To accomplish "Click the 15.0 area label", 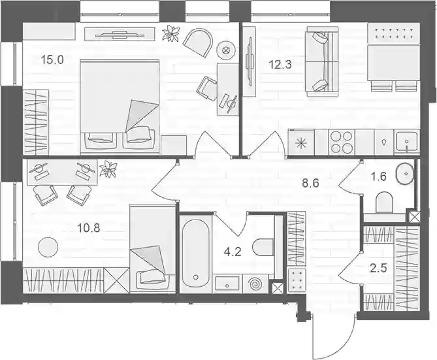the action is point(52,59).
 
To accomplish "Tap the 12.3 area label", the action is point(280,65).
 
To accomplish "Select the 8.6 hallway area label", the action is point(310,183).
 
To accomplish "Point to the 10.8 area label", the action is point(89,229).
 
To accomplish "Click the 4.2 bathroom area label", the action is point(233,252).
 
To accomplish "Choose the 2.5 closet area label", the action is point(379,269).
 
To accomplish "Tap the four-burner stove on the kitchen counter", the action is point(342,142).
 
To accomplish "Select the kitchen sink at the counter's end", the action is point(407,142).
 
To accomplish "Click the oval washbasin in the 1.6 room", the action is point(406,174).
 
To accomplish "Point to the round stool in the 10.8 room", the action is point(48,247).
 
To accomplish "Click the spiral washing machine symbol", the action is point(255,284).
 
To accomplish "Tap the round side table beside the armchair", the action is point(226,50).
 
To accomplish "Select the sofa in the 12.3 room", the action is point(322,61).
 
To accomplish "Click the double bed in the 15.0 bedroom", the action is point(120,106).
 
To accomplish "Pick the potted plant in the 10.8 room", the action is point(108,169).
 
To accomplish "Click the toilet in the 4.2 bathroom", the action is point(264,246).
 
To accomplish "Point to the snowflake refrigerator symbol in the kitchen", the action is point(302,143).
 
